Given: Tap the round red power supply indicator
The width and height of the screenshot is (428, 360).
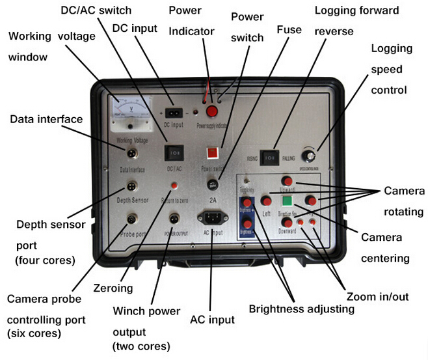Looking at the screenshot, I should coord(211,111).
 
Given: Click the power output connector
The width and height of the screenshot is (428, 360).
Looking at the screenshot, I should coord(174,217).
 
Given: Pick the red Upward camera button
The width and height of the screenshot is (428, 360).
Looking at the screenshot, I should coord(287,180).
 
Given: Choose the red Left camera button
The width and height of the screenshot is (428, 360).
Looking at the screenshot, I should coord(267,201).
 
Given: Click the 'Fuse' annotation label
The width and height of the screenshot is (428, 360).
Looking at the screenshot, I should coord(289,30).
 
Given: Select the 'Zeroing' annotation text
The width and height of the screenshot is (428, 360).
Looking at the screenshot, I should coord(114,286).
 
